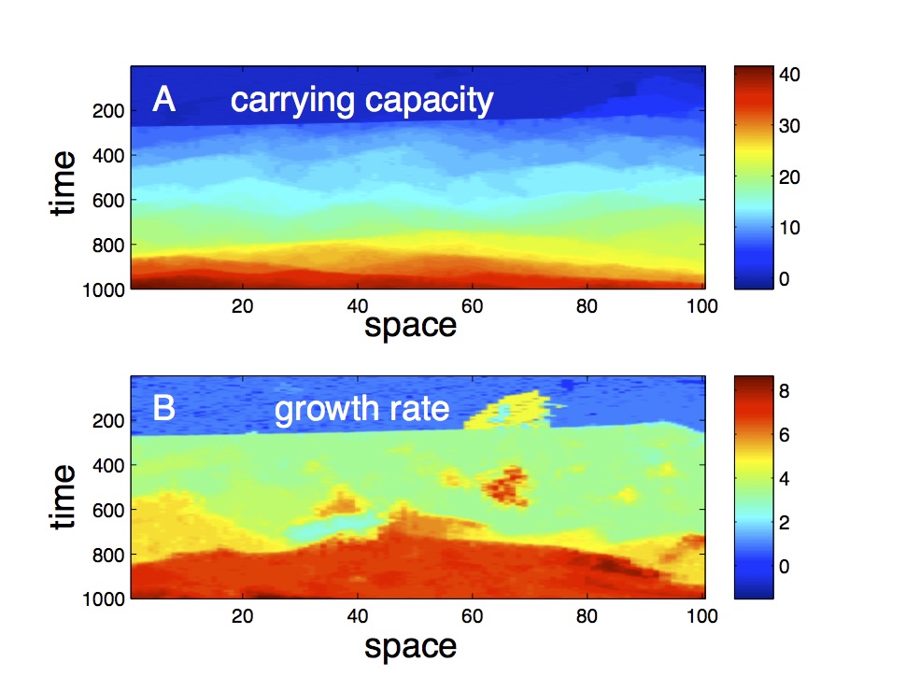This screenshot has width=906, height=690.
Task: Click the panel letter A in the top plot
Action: point(164,99)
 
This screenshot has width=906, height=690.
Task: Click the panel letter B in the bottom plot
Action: point(164,409)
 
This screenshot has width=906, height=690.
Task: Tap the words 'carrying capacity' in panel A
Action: point(361,100)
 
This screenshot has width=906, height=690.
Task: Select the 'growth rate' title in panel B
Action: point(361,409)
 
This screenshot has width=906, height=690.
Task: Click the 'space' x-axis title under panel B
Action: point(410,645)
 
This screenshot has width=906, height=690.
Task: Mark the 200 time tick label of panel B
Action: point(109,420)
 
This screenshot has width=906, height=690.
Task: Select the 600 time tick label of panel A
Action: point(109,200)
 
